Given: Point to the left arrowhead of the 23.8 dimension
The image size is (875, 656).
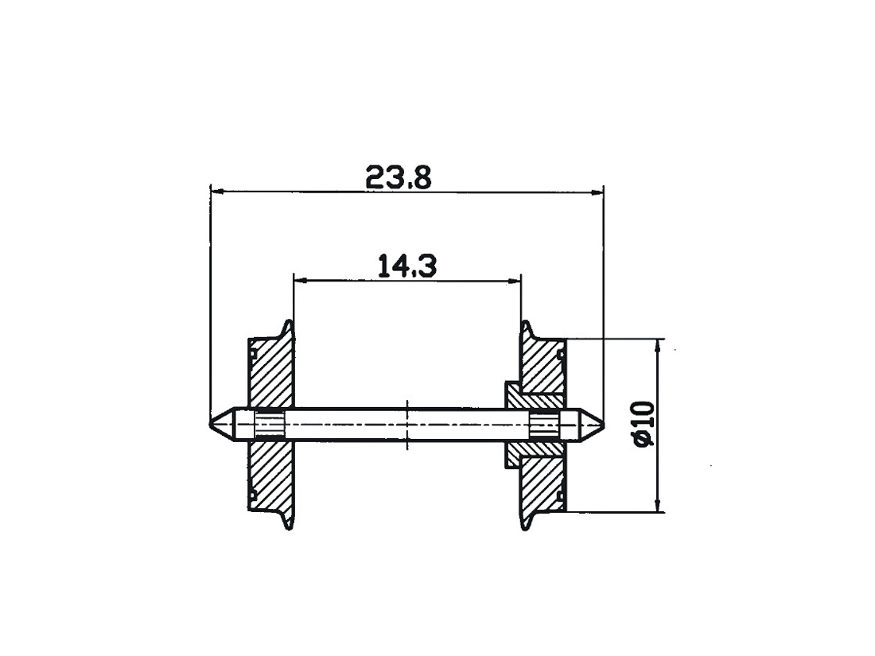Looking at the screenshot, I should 215,191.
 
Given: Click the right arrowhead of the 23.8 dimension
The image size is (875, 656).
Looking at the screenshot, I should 599,191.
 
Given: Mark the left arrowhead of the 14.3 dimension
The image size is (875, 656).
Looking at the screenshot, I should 299,280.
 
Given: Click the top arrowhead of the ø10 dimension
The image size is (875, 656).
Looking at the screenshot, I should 659,343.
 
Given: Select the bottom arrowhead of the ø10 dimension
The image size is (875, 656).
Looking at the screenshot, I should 659,507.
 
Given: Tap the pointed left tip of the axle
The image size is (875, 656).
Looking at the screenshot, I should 212,424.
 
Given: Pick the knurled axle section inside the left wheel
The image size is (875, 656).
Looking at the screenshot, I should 269,424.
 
